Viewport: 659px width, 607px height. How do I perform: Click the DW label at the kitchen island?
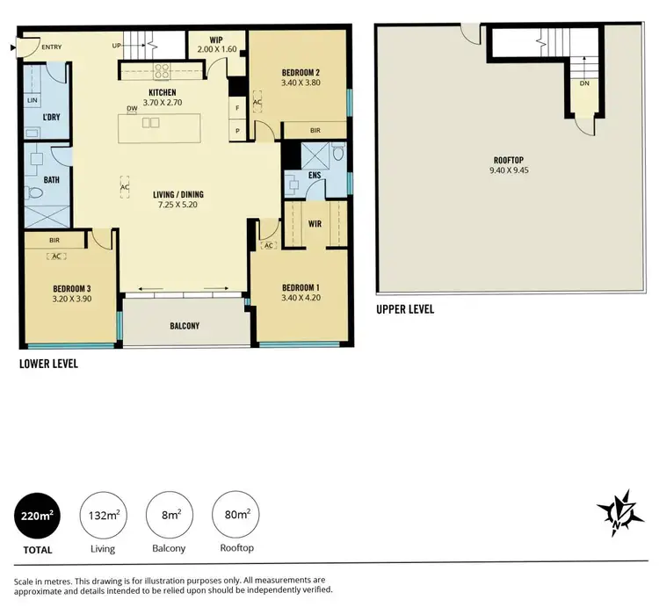[x=131, y=109]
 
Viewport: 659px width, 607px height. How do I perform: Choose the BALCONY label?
[x=185, y=326]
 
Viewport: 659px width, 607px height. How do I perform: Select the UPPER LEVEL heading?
[x=405, y=310]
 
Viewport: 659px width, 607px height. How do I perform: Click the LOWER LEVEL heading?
[x=49, y=363]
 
